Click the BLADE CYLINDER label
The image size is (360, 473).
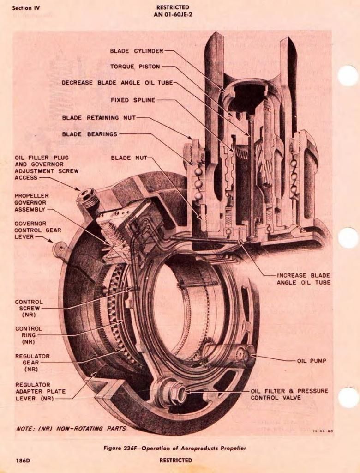click(136, 50)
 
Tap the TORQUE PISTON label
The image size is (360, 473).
click(135, 67)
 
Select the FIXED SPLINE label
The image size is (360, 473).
click(133, 100)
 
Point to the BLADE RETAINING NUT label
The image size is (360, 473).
click(99, 118)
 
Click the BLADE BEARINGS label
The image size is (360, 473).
click(90, 134)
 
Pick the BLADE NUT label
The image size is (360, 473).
click(129, 158)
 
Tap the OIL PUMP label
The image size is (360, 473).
click(312, 361)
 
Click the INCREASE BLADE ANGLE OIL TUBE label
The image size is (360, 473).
click(303, 279)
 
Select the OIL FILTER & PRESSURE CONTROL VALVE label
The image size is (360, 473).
click(289, 394)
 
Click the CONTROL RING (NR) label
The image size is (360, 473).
click(28, 335)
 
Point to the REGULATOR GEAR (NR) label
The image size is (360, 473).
click(32, 363)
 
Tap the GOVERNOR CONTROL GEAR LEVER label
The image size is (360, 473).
click(37, 230)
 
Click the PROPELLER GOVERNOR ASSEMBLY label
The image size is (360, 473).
click(31, 202)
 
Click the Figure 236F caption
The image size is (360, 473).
click(175, 448)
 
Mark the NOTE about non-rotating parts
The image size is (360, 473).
click(71, 428)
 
